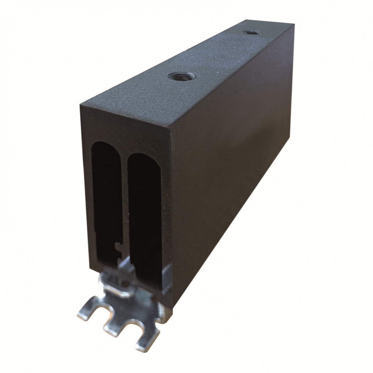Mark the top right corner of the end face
[x=170, y=131]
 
